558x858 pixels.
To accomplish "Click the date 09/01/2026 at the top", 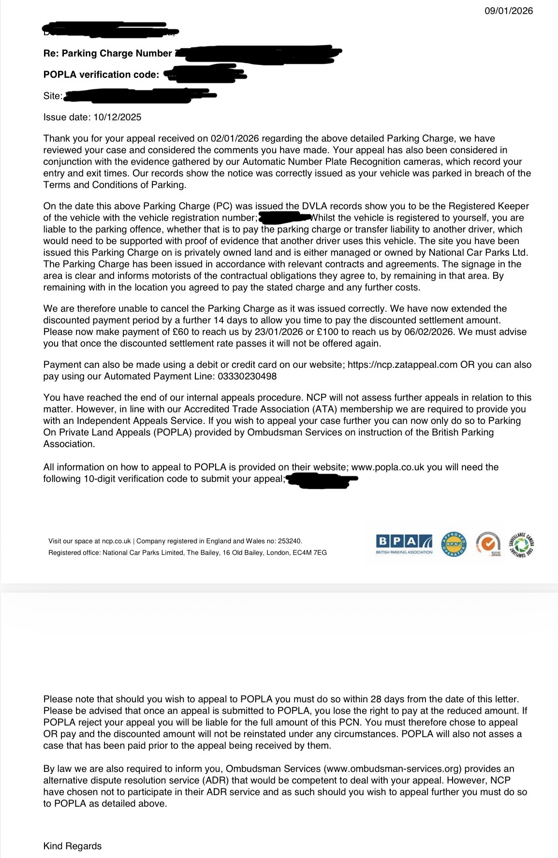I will pos(509,11).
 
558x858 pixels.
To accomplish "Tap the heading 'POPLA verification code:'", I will pos(101,74).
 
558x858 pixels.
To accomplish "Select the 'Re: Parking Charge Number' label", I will pos(107,53).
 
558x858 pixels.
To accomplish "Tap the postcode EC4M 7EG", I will pos(309,553).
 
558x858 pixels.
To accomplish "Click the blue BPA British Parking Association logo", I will pos(404,543).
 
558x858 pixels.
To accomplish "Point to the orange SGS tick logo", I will pos(488,544).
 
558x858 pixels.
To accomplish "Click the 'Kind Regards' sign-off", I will pos(73,846).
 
